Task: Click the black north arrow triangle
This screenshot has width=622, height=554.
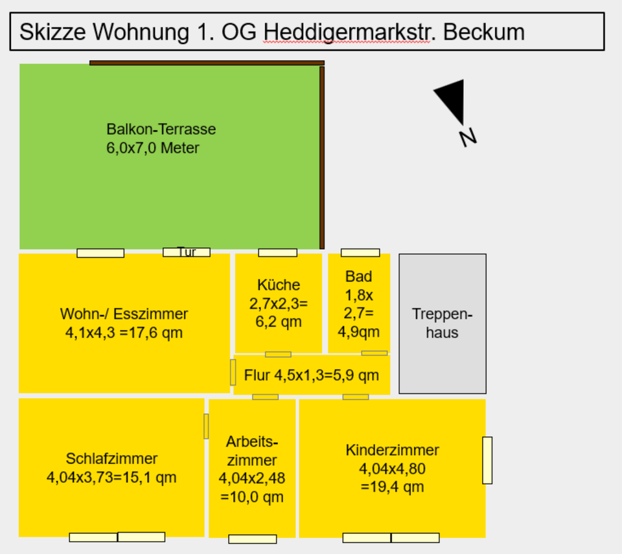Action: pyautogui.click(x=452, y=99)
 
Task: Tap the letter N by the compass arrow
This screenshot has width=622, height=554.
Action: pyautogui.click(x=468, y=137)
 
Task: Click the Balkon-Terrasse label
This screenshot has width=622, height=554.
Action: pyautogui.click(x=161, y=129)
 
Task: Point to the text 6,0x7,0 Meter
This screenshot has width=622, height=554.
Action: pyautogui.click(x=153, y=148)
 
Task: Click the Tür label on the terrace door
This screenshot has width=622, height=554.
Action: pyautogui.click(x=187, y=252)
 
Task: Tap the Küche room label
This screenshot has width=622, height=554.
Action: pyautogui.click(x=279, y=285)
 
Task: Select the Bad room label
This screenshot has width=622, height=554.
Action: pyautogui.click(x=358, y=277)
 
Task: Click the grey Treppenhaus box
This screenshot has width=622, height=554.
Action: pyautogui.click(x=443, y=324)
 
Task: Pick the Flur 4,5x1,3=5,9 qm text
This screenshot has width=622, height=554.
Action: pyautogui.click(x=312, y=375)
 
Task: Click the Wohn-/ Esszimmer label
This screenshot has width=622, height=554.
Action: pyautogui.click(x=124, y=314)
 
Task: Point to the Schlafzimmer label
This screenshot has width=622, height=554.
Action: pyautogui.click(x=111, y=459)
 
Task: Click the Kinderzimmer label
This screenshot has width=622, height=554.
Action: pyautogui.click(x=392, y=450)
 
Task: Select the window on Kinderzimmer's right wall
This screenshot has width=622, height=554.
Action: pyautogui.click(x=487, y=460)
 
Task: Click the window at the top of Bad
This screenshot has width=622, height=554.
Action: pyautogui.click(x=360, y=252)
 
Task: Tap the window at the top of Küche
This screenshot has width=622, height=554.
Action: pyautogui.click(x=277, y=252)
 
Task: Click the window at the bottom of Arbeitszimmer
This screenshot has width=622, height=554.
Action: pyautogui.click(x=253, y=539)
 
